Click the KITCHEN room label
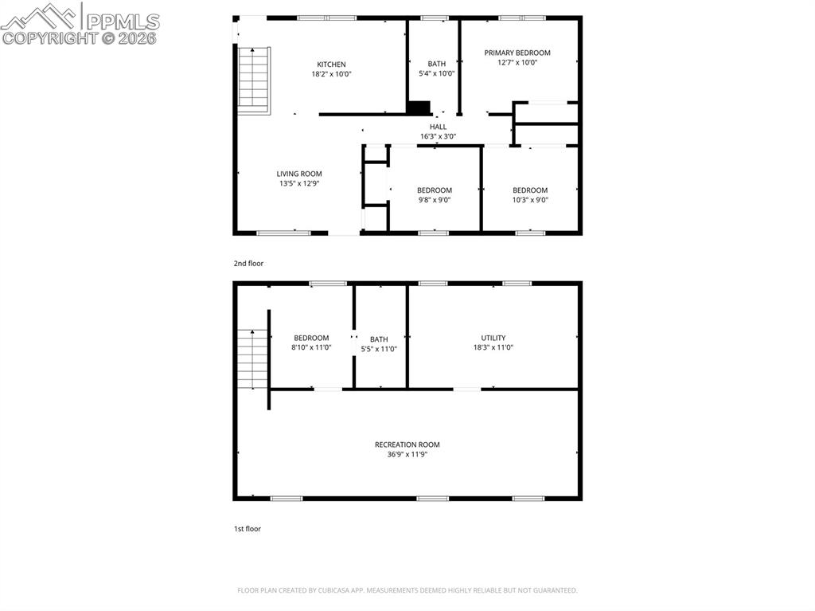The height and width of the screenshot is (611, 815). point(331,65)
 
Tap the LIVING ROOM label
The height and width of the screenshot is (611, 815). point(299,174)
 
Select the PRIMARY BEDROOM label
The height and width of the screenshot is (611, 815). point(517,53)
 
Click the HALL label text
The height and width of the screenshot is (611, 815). point(438,127)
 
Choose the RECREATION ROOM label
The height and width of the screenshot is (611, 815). point(407,445)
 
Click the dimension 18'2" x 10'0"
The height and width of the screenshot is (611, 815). point(331,74)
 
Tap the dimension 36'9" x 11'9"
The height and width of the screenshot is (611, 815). point(407,455)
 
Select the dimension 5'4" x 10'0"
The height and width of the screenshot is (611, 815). point(436,74)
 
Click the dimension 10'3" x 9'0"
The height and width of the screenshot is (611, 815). point(530,200)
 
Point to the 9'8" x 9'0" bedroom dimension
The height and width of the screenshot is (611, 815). point(434,200)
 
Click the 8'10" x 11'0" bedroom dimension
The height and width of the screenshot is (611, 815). point(311,348)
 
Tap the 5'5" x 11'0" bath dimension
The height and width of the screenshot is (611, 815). point(379,349)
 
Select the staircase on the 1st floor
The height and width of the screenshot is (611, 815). point(252,359)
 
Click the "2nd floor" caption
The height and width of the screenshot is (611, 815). point(248,263)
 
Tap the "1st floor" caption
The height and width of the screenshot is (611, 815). point(247,528)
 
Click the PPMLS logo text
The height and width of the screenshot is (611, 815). point(122,22)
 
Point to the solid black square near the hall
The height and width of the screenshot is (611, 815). point(419,108)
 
